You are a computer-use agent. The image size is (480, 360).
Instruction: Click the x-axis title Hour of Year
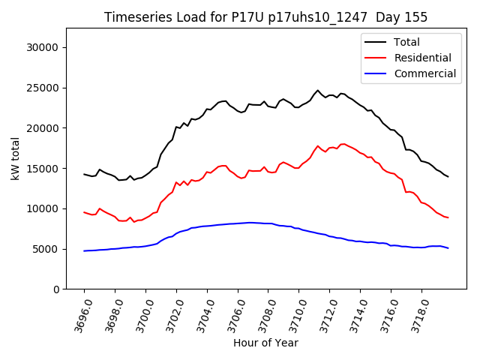[265, 343]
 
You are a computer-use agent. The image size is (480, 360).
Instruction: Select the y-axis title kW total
[15, 158]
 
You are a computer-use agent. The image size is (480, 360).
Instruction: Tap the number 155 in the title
[416, 17]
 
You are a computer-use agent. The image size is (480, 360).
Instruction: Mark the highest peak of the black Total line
[317, 91]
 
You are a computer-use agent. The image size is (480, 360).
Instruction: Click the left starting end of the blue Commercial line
[84, 250]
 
